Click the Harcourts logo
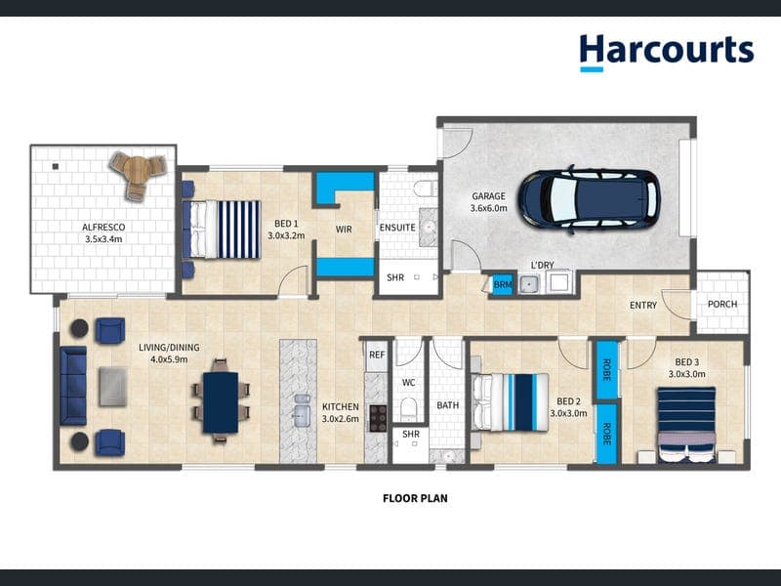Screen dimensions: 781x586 pos(667,53)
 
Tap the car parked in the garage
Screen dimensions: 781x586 pos(590,200)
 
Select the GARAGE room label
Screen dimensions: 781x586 pos(489,196)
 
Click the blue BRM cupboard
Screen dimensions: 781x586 pos(502,284)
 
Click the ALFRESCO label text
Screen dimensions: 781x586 pos(103,228)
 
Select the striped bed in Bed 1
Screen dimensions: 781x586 pos(222,230)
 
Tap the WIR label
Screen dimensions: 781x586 pos(344,230)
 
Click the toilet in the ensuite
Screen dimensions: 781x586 pos(425,188)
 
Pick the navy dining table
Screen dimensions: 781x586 pos(221,402)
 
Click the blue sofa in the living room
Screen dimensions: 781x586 pos(73,386)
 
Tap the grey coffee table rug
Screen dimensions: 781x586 pos(113,386)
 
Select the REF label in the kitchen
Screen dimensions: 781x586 pos(377,355)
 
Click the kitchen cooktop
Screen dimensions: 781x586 pos(378,418)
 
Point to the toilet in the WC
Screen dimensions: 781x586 pos(409,407)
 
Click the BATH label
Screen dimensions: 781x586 pos(448,405)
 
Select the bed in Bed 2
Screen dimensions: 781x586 pos(510,402)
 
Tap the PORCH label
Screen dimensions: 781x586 pos(722,304)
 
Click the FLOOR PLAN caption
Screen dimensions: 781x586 pos(415,498)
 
